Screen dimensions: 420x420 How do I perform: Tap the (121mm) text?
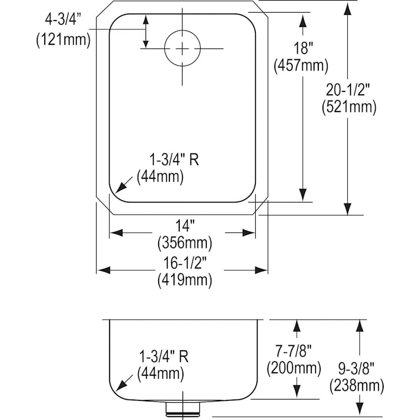(x=63, y=40)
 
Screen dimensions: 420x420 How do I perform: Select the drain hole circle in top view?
(x=182, y=48)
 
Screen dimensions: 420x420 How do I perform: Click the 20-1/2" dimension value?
(x=348, y=89)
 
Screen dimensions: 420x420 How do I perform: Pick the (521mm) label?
(x=348, y=107)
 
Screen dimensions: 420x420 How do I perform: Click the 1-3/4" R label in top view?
(x=174, y=160)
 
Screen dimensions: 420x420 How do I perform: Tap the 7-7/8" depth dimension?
(x=294, y=350)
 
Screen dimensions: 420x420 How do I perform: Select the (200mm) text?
(x=294, y=368)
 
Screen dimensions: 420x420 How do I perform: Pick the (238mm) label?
(x=357, y=385)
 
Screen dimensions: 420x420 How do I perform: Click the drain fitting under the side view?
(x=183, y=409)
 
